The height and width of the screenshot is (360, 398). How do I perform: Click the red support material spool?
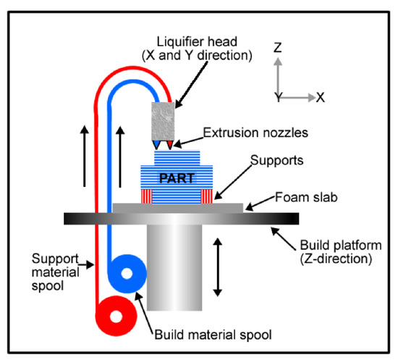tap(117, 316)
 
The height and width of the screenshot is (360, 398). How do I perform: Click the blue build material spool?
tap(127, 275)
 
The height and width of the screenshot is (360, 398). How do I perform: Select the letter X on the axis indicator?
tap(321, 96)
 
